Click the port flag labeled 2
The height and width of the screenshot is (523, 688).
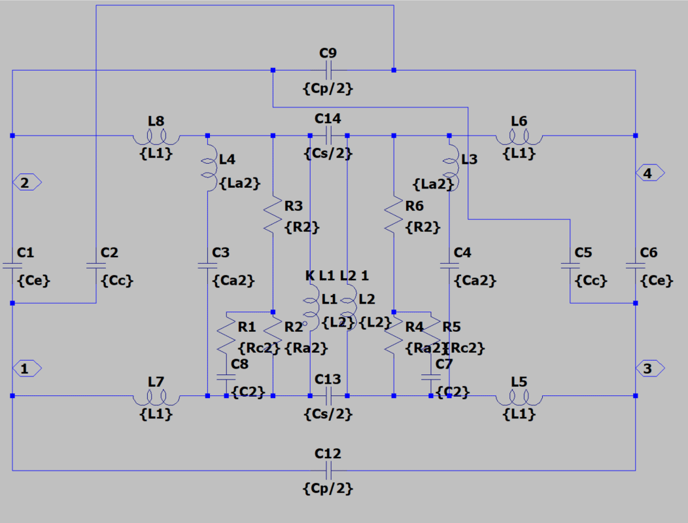point(27,183)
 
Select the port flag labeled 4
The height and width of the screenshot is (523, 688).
point(650,173)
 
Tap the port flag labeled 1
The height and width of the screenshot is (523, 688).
point(27,369)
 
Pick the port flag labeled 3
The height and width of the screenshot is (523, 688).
point(650,369)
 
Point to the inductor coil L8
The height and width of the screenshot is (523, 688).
point(156,137)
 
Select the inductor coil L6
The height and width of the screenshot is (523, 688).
point(519,137)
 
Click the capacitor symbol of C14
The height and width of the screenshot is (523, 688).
point(328,135)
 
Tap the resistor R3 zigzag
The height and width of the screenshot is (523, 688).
point(273,216)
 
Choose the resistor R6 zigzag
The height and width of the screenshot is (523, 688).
point(394,216)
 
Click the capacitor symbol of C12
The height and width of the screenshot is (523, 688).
point(328,470)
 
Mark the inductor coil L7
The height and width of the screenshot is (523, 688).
point(156,397)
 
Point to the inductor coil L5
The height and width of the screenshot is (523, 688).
point(519,397)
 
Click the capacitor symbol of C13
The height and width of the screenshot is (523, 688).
point(328,395)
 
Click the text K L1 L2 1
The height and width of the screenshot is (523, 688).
point(340,276)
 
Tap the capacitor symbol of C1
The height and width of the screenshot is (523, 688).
point(12,266)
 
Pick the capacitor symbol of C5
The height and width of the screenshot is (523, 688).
point(570,266)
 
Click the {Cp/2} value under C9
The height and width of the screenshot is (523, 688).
point(328,88)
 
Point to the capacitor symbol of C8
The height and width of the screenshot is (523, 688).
point(226,378)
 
